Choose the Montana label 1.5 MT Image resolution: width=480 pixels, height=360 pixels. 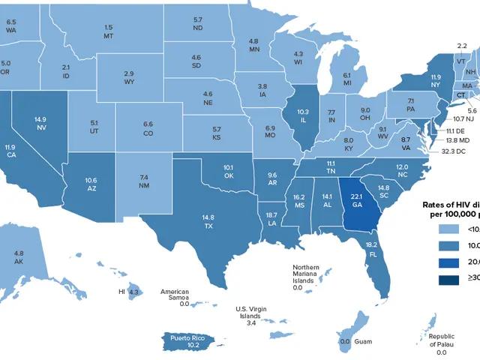109,31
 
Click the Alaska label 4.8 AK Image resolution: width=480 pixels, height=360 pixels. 19,259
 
